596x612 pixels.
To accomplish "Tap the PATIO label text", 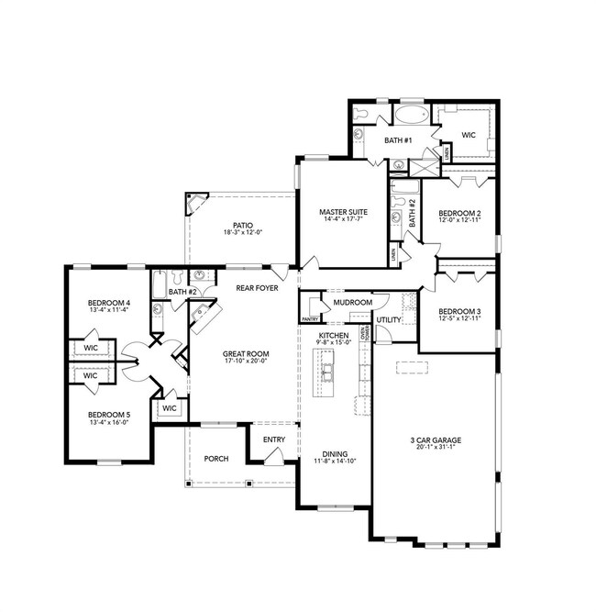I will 242,225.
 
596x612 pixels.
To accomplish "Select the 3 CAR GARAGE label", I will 436,440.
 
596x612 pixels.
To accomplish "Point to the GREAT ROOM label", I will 245,352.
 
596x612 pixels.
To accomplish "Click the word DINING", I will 334,452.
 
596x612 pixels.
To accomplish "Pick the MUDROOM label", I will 352,302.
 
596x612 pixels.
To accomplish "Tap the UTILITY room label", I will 389,320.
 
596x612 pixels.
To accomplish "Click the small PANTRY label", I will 310,319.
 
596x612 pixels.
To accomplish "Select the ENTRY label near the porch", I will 273,440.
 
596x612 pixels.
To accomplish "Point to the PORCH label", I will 215,459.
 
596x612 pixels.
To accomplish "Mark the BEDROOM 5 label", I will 109,415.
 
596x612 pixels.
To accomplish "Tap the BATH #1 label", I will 398,139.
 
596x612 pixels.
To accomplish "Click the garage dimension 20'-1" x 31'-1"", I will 436,450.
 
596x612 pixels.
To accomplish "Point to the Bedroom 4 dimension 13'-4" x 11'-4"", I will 109,311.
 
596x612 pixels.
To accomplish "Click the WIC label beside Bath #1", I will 469,135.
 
